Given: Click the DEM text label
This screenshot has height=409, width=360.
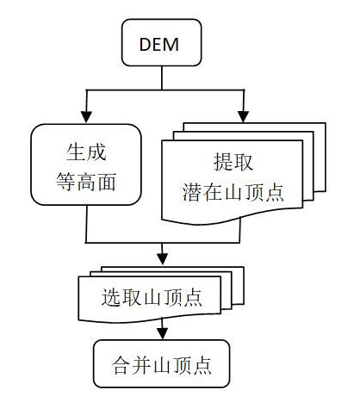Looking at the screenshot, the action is click(159, 44).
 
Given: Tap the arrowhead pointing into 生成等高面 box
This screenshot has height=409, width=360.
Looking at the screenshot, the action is click(86, 117).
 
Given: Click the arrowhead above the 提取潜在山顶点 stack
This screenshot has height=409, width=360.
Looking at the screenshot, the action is click(244, 117).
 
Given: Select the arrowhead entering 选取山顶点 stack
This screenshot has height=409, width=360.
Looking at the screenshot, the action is click(163, 259).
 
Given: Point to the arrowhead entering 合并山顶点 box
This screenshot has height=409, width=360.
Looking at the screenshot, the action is click(163, 333).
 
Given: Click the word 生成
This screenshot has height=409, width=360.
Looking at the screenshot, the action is click(86, 152).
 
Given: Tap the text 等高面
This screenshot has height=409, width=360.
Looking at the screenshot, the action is click(86, 182).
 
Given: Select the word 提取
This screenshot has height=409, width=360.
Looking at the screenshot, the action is click(233, 162).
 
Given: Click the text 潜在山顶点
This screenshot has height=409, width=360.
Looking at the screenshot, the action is click(233, 192).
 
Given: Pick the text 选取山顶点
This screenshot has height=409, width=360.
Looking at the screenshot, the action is click(152, 297).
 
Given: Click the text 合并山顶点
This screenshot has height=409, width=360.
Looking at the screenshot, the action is click(162, 365).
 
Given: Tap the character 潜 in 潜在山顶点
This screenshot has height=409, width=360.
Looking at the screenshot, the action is click(192, 192).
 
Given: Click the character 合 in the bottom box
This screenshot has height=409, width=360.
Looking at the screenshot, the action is click(121, 365).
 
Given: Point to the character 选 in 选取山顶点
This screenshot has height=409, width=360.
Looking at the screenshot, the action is click(111, 297).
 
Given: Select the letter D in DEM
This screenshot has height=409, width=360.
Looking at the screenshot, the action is click(146, 44).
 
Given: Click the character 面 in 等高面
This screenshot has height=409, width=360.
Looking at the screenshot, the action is click(107, 182).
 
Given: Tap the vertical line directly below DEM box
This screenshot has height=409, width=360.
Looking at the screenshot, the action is click(162, 78).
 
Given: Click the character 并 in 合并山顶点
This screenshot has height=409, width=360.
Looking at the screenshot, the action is click(141, 365).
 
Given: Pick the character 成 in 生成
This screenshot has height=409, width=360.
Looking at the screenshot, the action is click(96, 152).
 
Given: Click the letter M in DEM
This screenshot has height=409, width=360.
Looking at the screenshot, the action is click(171, 44).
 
